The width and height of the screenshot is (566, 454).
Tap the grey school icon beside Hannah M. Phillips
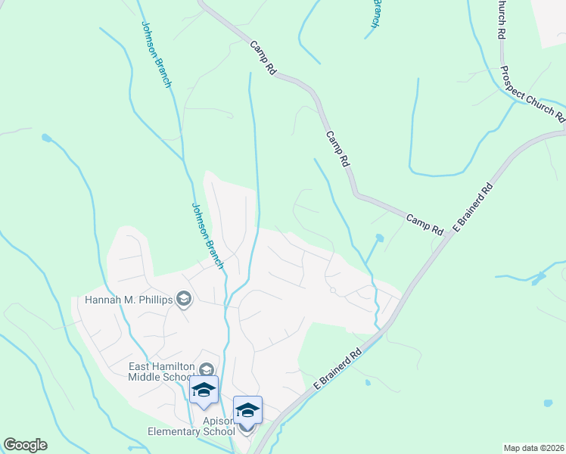183,300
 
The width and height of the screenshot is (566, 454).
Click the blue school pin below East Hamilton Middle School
204,390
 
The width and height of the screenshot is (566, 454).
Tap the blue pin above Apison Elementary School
247,410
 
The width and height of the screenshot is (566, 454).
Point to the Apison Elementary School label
191,426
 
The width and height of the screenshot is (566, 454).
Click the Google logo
25,445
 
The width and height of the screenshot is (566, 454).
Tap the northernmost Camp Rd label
263,58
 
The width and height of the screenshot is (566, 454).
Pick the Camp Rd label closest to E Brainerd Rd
424,223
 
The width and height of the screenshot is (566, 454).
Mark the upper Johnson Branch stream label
156,53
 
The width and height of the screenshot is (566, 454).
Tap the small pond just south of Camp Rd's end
379,238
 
